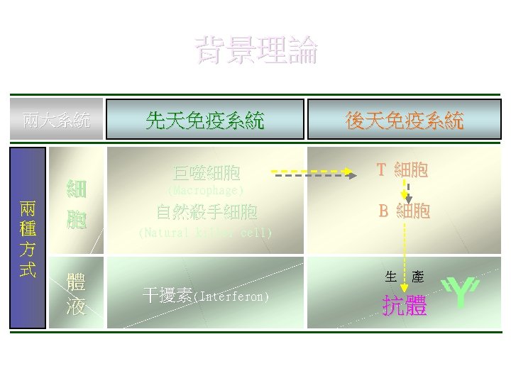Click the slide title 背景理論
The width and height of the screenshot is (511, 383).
[x=257, y=51]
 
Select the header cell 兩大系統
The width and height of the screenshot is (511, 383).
[x=56, y=119]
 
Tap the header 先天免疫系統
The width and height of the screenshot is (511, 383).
[x=204, y=119]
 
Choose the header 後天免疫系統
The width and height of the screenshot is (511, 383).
[x=404, y=119]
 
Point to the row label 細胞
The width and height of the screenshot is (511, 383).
[x=77, y=204]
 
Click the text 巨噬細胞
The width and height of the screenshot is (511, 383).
[x=207, y=173]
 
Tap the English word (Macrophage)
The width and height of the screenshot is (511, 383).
[x=205, y=191]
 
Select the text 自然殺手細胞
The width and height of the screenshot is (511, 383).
[x=207, y=211]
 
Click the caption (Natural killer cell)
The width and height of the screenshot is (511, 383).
[x=205, y=233]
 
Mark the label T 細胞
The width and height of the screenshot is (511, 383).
[x=402, y=170]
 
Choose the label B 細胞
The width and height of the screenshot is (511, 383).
[x=404, y=211]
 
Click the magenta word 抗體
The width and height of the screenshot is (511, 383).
[x=405, y=306]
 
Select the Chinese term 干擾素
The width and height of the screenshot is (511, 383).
[x=167, y=295]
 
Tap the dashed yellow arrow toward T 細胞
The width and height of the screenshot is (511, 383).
[x=312, y=172]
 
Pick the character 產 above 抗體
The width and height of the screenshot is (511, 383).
[x=418, y=277]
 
